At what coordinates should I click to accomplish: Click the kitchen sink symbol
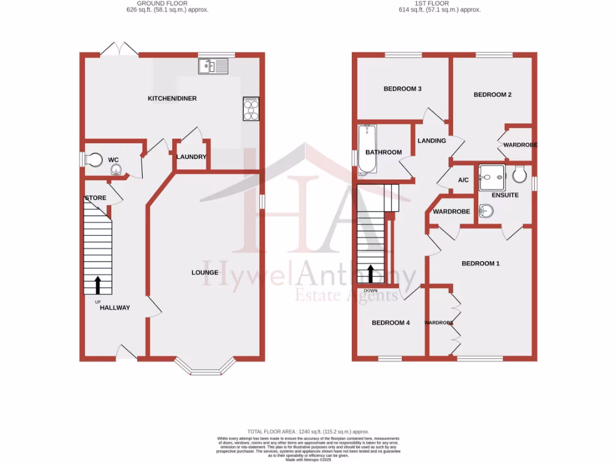[213, 66]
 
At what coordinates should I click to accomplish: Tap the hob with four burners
[251, 109]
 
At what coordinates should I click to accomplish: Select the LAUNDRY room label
[191, 157]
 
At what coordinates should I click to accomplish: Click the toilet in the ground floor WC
[93, 159]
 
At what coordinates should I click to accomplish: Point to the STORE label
[96, 198]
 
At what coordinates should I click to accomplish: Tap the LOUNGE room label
[205, 273]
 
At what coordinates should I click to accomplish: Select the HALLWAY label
[115, 307]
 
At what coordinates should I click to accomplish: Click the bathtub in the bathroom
[365, 150]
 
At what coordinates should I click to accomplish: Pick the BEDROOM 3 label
[402, 89]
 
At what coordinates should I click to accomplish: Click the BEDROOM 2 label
[493, 94]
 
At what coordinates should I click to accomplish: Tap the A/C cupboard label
[463, 180]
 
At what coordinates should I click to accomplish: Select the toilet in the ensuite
[520, 175]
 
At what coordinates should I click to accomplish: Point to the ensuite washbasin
[487, 211]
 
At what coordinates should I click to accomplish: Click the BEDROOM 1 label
[481, 263]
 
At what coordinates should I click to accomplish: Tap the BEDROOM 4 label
[390, 323]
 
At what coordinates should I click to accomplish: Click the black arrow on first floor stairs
[371, 274]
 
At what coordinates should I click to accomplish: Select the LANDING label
[432, 141]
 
